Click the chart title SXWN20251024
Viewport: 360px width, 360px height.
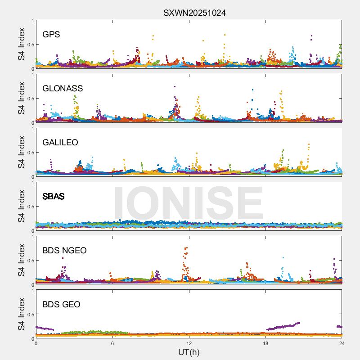(194, 13)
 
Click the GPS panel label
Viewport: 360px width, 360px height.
(51, 35)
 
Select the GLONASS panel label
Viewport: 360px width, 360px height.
(63, 89)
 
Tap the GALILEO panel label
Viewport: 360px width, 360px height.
(60, 143)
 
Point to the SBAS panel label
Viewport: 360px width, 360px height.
(54, 197)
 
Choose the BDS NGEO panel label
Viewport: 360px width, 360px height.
(64, 251)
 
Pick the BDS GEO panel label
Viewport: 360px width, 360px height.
(61, 305)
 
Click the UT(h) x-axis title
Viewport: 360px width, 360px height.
(189, 352)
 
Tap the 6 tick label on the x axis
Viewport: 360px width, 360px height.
(112, 343)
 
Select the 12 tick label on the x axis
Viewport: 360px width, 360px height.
(189, 343)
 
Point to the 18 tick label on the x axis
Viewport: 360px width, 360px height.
(265, 343)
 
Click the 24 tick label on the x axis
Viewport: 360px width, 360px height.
(342, 343)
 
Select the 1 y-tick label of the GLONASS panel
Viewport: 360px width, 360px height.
(32, 75)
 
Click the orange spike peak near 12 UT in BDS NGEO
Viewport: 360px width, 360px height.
(186, 247)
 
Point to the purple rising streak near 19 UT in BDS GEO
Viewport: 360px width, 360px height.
(283, 326)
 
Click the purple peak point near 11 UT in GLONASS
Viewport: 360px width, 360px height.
(175, 86)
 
